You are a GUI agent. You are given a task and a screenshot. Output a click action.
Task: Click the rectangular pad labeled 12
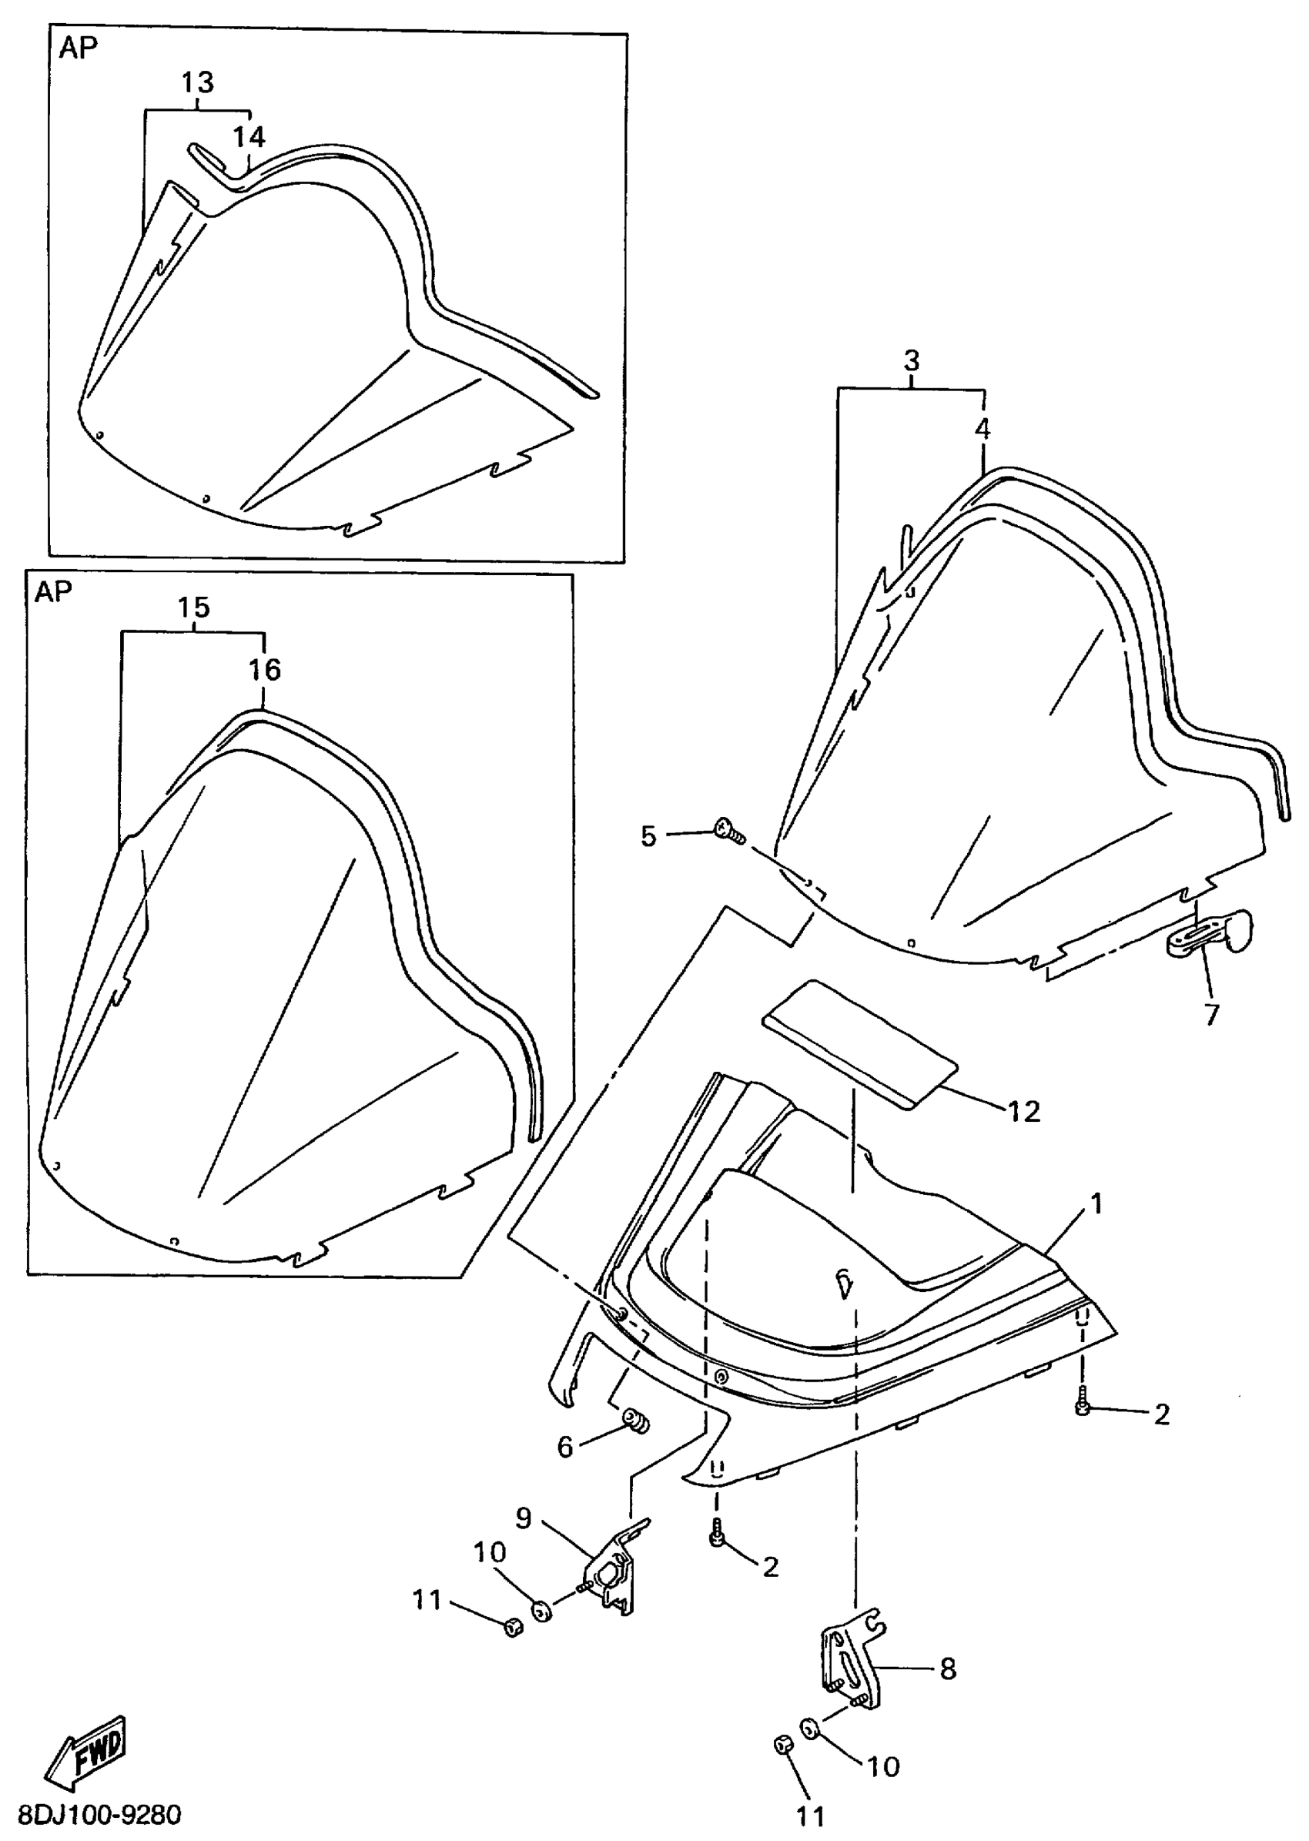[860, 1044]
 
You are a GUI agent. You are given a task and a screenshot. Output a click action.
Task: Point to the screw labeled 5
[729, 829]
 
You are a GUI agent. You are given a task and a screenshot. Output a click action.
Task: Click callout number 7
[1211, 1014]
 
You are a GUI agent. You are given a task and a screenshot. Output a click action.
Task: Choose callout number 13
[196, 82]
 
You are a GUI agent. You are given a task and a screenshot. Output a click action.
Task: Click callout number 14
[249, 136]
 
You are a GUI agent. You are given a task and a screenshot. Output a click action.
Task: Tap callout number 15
[193, 607]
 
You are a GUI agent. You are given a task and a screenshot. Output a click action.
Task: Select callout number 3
[911, 360]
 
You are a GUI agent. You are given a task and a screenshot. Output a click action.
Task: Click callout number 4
[983, 429]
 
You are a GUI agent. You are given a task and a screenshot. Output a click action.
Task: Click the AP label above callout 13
[79, 49]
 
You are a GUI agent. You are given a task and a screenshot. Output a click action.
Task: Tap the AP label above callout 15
[53, 592]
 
